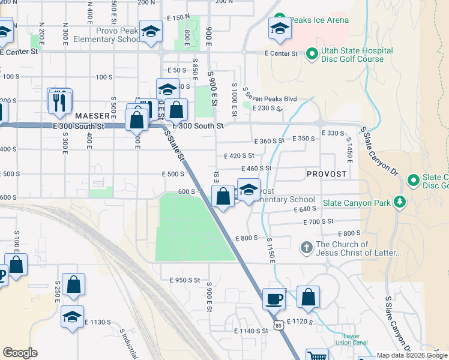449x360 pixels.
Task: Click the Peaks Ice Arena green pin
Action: point(279,20)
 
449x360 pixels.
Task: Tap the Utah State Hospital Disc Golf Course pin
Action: point(312,55)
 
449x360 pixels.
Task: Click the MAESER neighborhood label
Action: point(92,115)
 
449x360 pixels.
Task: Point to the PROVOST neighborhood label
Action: point(327,173)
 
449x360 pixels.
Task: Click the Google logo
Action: point(20,353)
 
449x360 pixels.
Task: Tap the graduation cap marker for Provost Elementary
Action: point(249,190)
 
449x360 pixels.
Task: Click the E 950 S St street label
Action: point(184,280)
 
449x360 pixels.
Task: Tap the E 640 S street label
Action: point(305,209)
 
